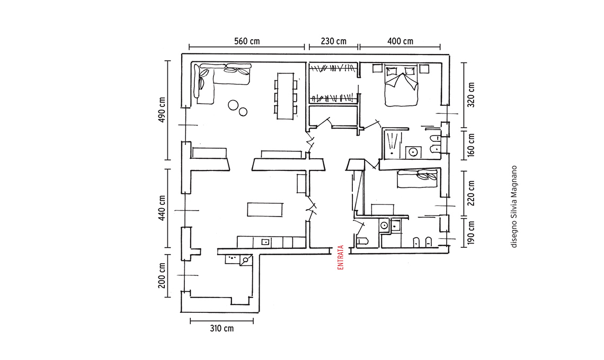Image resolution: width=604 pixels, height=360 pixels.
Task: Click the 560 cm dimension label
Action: (247, 41)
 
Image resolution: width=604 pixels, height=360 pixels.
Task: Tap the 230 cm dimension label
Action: (334, 41)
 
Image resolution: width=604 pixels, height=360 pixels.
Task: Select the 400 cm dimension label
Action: (400, 41)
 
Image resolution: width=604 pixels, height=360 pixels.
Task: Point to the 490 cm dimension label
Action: (162, 110)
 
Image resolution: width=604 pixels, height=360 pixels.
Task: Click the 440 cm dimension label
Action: (162, 208)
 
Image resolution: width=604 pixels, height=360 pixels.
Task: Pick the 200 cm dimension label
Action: (162, 276)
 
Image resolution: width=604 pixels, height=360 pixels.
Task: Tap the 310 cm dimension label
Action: (222, 328)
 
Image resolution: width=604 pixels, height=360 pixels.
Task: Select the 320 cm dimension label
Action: (470, 95)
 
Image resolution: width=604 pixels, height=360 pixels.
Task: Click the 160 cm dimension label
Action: (470, 146)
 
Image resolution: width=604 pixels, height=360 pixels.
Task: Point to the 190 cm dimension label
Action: (470, 233)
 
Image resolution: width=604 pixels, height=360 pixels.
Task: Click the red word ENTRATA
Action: (341, 257)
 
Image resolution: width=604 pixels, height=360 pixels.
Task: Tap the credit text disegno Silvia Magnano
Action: (514, 207)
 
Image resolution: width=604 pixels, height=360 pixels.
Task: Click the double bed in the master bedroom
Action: (402, 86)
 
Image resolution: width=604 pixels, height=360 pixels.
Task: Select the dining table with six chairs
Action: (286, 96)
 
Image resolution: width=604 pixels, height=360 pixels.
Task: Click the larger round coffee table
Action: (233, 105)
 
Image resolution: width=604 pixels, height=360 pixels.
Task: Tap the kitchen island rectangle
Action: (265, 210)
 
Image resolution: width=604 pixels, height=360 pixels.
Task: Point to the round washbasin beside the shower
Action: (413, 152)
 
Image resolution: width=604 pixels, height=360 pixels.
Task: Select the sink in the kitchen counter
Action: (265, 242)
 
